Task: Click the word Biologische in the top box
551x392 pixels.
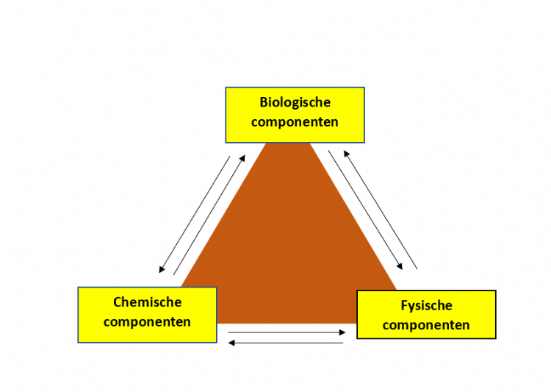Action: pos(295,102)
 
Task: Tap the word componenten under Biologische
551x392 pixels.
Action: pos(295,121)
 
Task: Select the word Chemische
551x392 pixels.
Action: pos(147,302)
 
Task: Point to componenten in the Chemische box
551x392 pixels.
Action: pos(147,321)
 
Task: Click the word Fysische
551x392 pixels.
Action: pos(426,305)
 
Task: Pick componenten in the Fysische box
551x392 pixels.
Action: pos(426,324)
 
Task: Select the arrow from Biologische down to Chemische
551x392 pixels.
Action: pos(195,214)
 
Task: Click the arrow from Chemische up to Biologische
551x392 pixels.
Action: pos(209,214)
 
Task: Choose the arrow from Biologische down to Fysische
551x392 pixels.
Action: pos(366,210)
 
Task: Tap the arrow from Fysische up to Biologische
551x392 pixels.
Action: pos(381,209)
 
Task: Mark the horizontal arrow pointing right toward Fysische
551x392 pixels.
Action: pos(287,332)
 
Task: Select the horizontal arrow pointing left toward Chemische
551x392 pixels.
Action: pos(287,342)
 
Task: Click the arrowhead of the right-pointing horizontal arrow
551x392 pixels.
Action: pos(342,332)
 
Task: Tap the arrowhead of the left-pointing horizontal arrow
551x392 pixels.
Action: pos(231,342)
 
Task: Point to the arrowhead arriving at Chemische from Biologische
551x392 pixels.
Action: pos(162,270)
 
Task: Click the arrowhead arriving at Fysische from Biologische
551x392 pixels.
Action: pos(401,266)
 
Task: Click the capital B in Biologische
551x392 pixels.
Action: pos(264,102)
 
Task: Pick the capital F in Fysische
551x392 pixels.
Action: pos(404,305)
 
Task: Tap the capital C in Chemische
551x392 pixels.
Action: pos(118,302)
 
